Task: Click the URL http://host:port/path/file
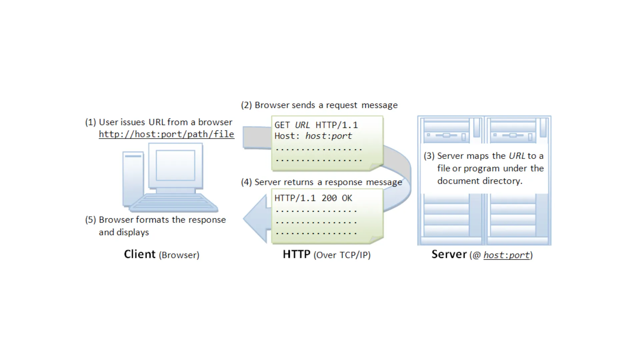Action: (x=166, y=134)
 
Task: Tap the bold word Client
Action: (x=140, y=254)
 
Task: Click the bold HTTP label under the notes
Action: (x=296, y=254)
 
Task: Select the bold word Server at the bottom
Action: (x=449, y=254)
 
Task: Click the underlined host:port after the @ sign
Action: (x=506, y=255)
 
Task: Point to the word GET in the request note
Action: (x=282, y=125)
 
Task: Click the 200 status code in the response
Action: (x=329, y=198)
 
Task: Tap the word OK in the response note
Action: (x=347, y=198)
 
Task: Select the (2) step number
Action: (x=246, y=105)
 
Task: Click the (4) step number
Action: (x=246, y=182)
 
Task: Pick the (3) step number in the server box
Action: (x=429, y=156)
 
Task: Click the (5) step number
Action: (x=90, y=220)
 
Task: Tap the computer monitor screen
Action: (x=175, y=165)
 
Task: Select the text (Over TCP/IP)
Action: (x=342, y=255)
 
